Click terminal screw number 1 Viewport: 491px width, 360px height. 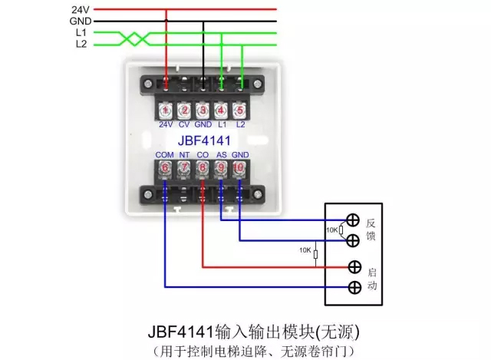coord(166,110)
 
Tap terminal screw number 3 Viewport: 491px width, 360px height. coord(203,110)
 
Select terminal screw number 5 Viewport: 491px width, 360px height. coord(240,110)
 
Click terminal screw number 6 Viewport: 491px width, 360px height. coord(165,167)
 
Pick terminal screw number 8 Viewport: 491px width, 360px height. coord(203,167)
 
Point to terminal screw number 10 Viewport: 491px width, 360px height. coord(239,167)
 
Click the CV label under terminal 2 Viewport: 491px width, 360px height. coord(184,124)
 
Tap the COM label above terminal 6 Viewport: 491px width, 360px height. coord(164,154)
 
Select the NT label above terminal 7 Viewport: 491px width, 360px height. coord(184,154)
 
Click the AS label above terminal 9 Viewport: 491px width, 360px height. coord(221,154)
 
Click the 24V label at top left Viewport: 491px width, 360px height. coord(81,8)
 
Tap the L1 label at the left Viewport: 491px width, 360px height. coord(81,33)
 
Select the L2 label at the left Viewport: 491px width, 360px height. coord(81,45)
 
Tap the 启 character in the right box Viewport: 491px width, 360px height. coord(371,271)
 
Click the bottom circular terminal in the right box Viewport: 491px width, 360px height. coord(354,288)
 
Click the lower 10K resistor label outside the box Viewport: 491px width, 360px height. coord(305,251)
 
